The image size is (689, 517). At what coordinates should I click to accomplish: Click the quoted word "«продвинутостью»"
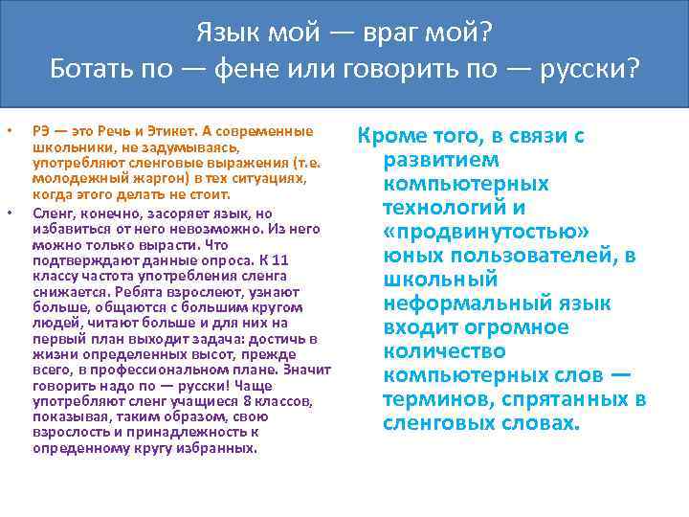tap(485, 232)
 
